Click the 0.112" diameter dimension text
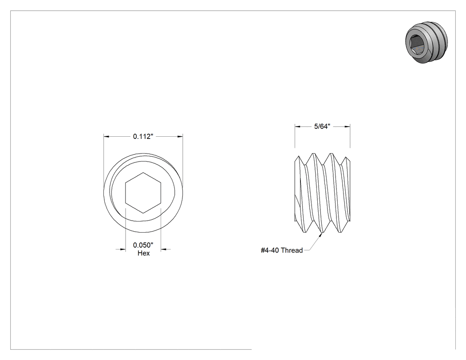point(143,136)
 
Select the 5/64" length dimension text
point(322,127)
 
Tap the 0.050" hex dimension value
point(143,245)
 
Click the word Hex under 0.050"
point(143,253)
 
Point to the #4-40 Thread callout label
point(282,250)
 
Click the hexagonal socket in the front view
point(143,193)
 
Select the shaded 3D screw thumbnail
point(427,42)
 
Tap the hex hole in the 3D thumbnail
point(417,44)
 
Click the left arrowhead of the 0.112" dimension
point(107,136)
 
